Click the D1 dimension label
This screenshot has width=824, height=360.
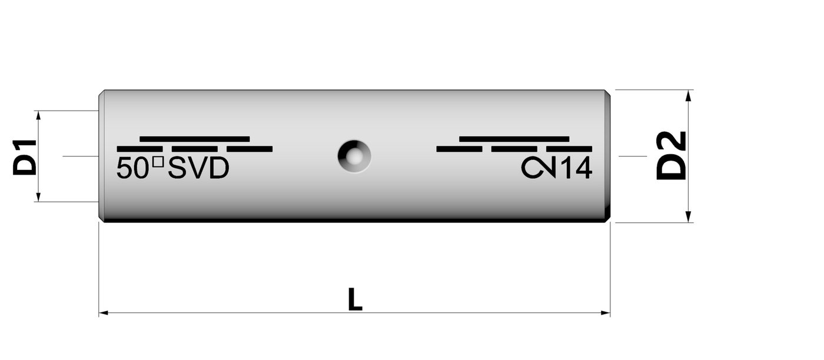pos(25,157)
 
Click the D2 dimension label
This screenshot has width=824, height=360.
pos(672,156)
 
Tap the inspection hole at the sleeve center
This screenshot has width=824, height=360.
pos(354,156)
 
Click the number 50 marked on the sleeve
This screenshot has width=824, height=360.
pos(133,169)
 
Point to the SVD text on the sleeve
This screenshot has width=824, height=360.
pos(199,169)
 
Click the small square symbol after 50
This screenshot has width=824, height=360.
pos(157,162)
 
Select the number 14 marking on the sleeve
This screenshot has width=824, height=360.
pos(575,169)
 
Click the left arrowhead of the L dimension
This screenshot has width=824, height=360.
pos(103,313)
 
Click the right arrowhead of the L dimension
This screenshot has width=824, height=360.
pos(606,313)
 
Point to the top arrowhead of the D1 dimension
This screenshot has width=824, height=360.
pos(38,115)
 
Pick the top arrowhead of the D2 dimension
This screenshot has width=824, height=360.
pos(688,94)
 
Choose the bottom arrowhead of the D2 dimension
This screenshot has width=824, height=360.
pos(688,218)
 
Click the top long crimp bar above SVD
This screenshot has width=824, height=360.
pos(194,139)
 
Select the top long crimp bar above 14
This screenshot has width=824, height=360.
pos(514,139)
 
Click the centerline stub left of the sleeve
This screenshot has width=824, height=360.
pos(79,156)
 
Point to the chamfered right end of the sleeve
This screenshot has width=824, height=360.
pos(608,156)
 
